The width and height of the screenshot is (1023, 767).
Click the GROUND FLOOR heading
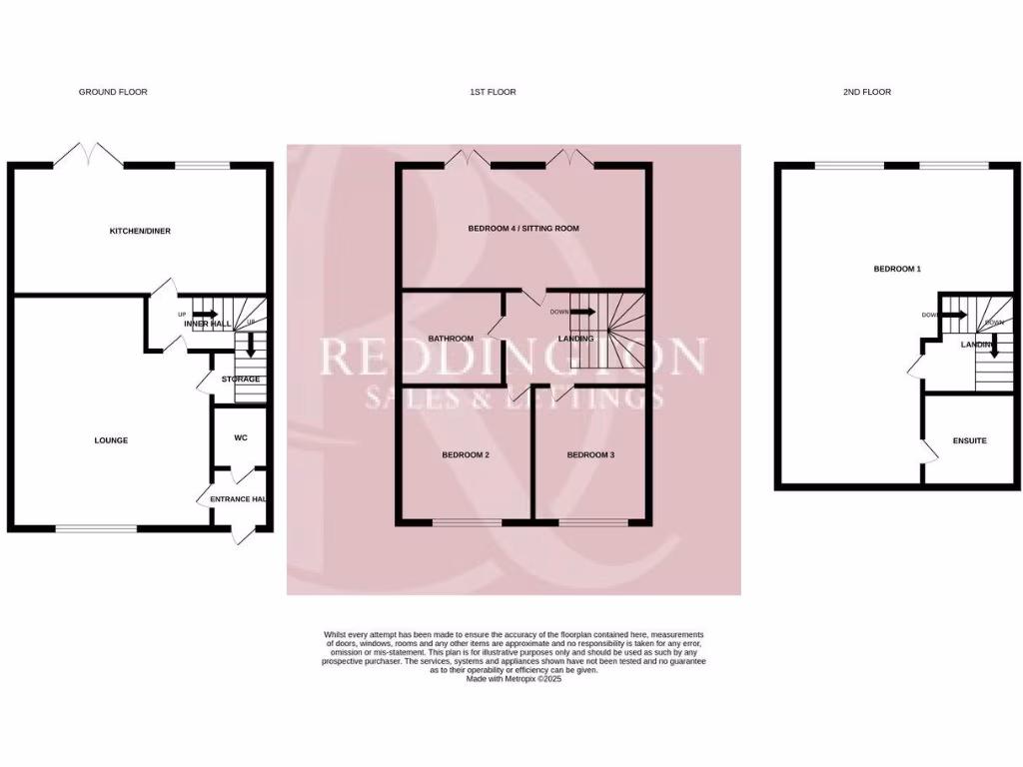[113, 92]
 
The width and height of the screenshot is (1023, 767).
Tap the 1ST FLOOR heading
[493, 92]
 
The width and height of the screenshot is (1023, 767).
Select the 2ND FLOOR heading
[866, 92]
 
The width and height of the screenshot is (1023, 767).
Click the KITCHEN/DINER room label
[140, 231]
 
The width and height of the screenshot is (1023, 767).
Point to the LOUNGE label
[111, 440]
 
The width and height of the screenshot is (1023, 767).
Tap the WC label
[241, 437]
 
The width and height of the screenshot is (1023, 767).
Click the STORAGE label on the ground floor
[241, 380]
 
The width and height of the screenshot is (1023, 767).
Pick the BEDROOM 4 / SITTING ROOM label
[523, 229]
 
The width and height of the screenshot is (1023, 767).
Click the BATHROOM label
[451, 339]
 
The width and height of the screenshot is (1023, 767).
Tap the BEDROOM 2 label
[466, 455]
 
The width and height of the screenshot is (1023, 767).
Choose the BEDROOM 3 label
[590, 455]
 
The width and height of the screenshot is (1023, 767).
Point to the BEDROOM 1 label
[897, 270]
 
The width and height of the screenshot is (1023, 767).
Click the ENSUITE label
[970, 440]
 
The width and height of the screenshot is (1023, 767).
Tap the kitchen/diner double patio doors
[89, 155]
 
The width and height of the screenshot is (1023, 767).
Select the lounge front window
[96, 528]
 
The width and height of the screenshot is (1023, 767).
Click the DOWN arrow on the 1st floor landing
[584, 312]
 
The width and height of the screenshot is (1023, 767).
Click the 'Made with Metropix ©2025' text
[513, 679]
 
